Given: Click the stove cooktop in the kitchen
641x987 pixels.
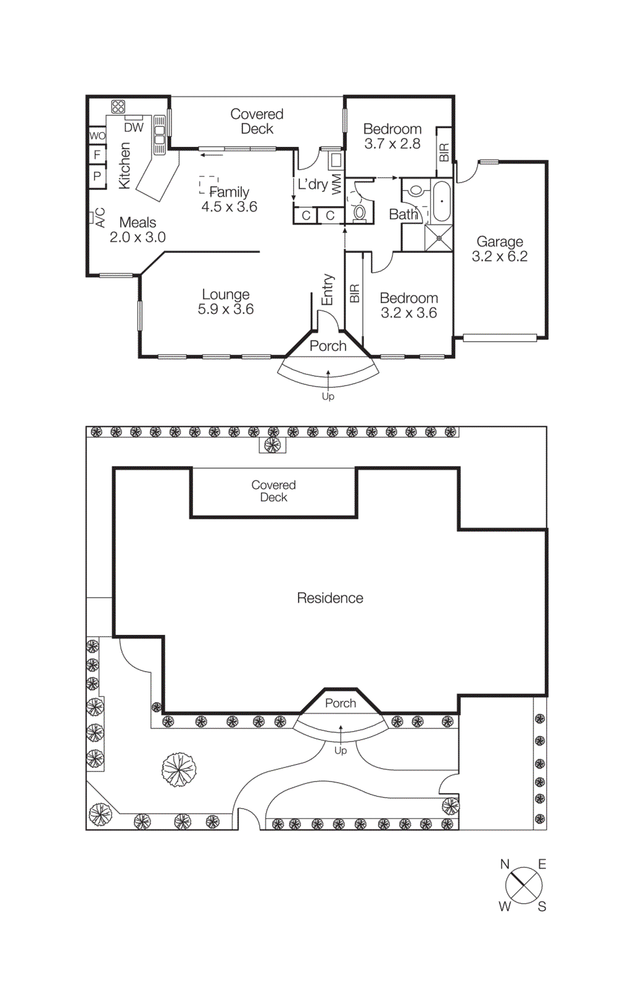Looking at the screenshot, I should coord(118,107).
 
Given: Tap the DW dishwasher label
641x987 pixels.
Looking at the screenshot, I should coord(134,128).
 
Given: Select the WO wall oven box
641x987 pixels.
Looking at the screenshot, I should coord(97,136).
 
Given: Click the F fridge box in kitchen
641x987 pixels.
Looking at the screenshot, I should coord(97,155).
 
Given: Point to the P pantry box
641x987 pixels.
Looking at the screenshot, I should coord(97,176).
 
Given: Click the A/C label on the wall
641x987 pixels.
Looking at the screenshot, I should coord(100,217).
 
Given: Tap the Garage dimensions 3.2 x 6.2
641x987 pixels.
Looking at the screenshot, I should coord(500,257).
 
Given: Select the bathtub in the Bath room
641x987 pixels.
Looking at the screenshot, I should coord(442,201).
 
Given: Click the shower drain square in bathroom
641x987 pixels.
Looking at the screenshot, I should coord(439,238).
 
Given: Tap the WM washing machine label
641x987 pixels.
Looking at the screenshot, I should coord(336,184).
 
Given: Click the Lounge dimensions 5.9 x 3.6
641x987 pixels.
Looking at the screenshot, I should coord(226,309).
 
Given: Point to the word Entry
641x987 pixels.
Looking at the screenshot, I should coord(328,289).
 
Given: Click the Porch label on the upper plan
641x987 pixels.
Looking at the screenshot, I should coord(328,346).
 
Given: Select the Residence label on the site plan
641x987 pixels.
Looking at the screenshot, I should coord(330,598).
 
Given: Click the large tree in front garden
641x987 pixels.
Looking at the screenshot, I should coord(179,769).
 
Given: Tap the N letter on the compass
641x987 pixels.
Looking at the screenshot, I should coord(505,864).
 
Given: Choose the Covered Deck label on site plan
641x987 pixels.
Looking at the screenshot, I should coord(273,491).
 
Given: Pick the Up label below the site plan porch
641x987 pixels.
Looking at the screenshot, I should coord(341,751).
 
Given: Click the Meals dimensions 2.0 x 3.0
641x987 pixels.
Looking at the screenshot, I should coord(138,237).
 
